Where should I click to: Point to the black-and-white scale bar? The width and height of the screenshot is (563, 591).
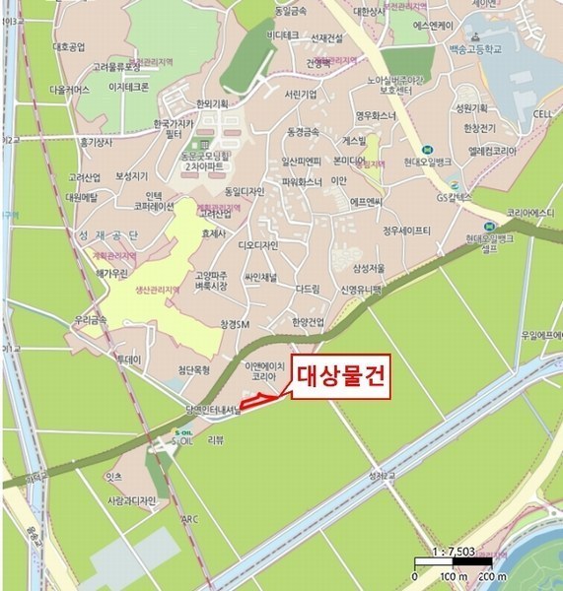[457, 564]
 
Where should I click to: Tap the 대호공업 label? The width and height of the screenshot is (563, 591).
[70, 46]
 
